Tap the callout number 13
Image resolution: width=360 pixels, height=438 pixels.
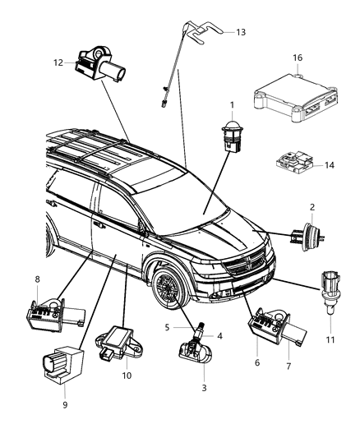point(241,32)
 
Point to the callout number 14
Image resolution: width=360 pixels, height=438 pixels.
point(330,165)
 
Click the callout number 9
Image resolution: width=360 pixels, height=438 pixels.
point(65,403)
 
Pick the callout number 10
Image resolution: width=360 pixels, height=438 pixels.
point(127,376)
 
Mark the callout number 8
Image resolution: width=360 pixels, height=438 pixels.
point(37,279)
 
